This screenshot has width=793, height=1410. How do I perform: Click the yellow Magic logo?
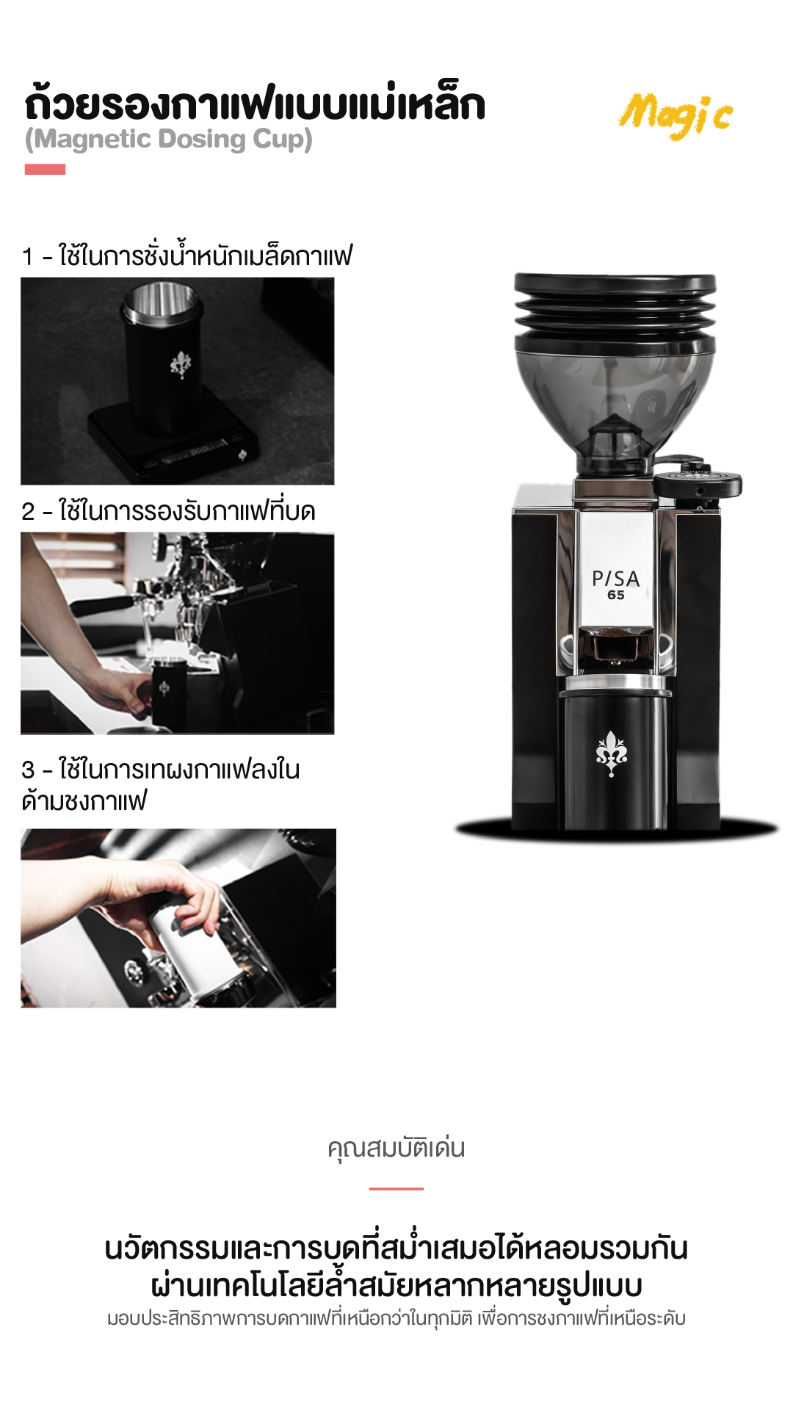coord(676,115)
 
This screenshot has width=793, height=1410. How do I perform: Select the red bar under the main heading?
coord(45,170)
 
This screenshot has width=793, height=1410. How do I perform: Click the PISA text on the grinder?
coord(616,579)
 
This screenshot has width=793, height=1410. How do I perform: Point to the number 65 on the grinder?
coord(616,595)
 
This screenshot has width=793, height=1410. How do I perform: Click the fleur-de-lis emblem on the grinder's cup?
coord(612,753)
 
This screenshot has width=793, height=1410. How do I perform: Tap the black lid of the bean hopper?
coord(615,283)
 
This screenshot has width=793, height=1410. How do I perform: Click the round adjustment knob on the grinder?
coord(698,482)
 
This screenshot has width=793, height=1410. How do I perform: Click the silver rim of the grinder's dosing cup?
coord(616,685)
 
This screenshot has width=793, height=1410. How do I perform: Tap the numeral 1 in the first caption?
coord(28,257)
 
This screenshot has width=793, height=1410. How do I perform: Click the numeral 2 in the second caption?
coord(29,512)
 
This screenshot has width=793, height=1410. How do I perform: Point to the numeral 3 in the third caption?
coord(29,770)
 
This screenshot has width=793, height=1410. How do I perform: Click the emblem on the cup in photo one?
coord(181,364)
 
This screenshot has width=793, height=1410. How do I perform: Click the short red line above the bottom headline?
coord(396,1188)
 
